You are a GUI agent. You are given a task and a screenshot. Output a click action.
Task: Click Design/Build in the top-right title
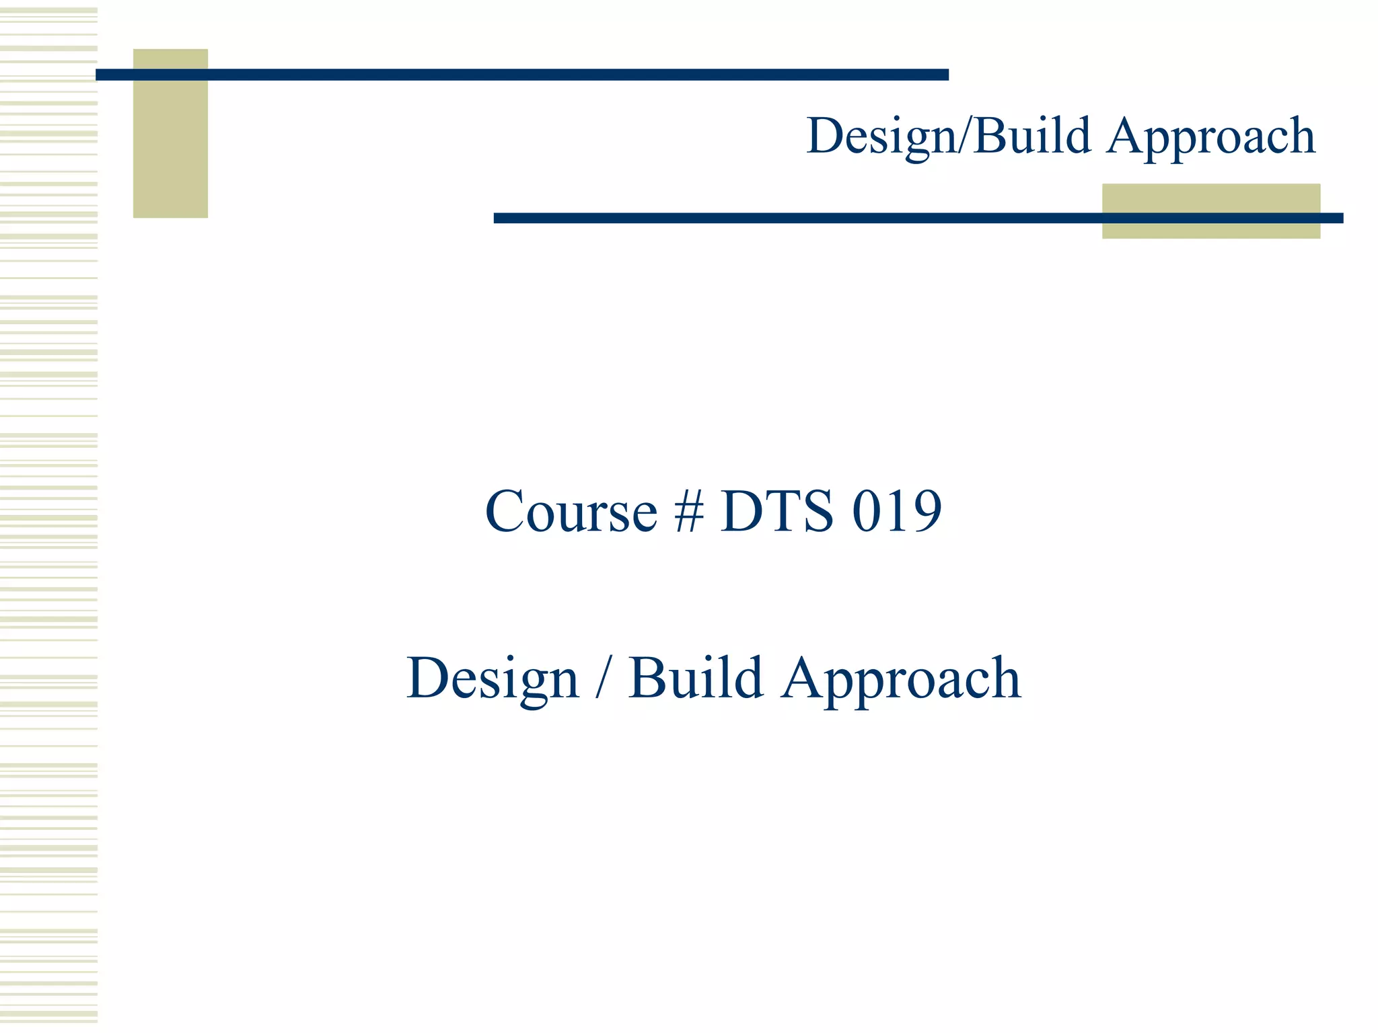(x=948, y=137)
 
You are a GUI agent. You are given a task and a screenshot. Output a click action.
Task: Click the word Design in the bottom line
(x=492, y=679)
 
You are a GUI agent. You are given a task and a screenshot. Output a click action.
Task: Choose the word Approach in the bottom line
(x=901, y=679)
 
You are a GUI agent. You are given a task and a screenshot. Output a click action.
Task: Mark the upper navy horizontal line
(x=521, y=75)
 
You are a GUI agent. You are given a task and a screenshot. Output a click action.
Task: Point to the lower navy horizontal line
(x=918, y=218)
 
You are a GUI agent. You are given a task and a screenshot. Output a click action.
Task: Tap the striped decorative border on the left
(x=48, y=516)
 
